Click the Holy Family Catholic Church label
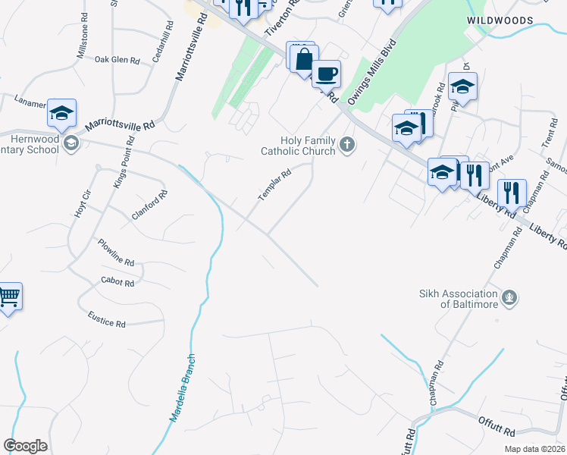[308, 146]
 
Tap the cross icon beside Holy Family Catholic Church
[347, 144]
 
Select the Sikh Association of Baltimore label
[459, 299]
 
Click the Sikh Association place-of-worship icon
[510, 297]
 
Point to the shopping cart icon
[8, 297]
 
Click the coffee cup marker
[327, 74]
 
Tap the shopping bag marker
[303, 58]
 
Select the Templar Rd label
[274, 185]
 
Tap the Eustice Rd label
[106, 318]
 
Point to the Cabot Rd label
[117, 282]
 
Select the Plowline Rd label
[116, 253]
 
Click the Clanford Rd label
[149, 205]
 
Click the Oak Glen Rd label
[117, 59]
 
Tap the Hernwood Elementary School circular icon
[71, 144]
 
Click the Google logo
[25, 446]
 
